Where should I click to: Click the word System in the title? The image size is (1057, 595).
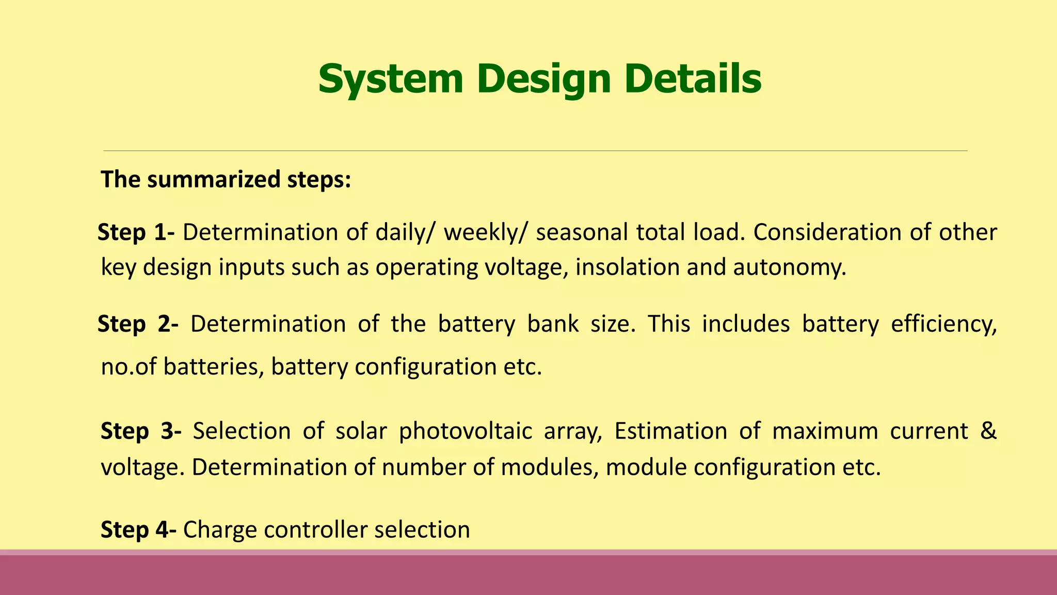(391, 79)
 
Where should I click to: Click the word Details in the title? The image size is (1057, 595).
(693, 79)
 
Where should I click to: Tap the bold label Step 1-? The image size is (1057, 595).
(136, 232)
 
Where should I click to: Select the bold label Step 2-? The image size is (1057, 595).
(138, 324)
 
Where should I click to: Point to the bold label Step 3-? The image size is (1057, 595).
(140, 431)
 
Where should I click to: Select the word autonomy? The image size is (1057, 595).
(790, 268)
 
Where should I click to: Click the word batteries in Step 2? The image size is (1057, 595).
(213, 367)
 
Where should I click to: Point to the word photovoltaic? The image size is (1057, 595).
(465, 431)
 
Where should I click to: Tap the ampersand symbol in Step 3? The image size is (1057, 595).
(988, 431)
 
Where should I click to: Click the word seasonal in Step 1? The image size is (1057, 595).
(581, 232)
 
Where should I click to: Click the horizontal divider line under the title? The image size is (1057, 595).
(535, 151)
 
